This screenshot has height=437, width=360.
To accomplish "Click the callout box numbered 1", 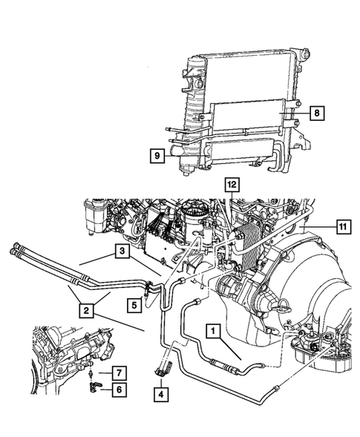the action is tap(213, 331).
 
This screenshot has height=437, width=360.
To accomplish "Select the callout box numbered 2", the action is tap(86, 310).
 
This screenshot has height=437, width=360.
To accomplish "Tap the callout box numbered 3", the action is tap(122, 251).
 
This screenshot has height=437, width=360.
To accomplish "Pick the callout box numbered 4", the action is tap(161, 395).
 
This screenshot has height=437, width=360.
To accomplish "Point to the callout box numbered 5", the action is tap(134, 305).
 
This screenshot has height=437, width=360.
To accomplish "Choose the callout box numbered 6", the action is tap(120, 390).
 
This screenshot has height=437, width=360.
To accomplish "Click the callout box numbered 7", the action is tap(120, 373).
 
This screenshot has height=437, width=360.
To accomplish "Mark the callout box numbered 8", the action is tap(317, 114).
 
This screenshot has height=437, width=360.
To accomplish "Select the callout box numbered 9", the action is tap(157, 156).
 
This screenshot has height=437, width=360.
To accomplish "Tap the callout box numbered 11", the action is tap(343, 227).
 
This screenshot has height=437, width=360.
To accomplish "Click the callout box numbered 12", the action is tap(232, 185).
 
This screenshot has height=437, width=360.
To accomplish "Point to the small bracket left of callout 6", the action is tap(94, 387).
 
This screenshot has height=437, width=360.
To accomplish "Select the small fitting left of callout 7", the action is tap(91, 373).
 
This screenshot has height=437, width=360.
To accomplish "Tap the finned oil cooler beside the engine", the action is tap(248, 246).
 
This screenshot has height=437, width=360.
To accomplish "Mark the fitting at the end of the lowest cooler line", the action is tap(275, 387).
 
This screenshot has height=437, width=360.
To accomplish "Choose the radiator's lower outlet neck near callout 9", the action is tap(176, 151).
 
